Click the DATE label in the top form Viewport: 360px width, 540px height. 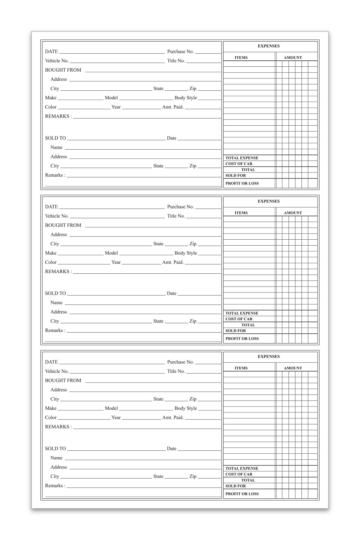(51, 52)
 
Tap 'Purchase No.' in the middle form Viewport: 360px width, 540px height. (180, 207)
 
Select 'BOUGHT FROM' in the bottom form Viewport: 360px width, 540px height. (63, 381)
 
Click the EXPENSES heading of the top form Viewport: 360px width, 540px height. (268, 46)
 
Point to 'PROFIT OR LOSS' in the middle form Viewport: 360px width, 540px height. (242, 339)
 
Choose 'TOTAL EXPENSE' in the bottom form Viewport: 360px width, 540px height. (241, 468)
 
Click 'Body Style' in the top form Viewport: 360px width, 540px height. (186, 98)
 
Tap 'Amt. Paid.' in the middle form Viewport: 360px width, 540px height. (173, 262)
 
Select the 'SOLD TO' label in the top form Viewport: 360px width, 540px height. (55, 138)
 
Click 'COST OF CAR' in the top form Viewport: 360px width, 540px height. (239, 164)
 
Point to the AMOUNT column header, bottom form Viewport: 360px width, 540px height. (292, 368)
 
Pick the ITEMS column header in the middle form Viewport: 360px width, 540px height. (241, 213)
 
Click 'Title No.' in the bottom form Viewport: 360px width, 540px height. (176, 371)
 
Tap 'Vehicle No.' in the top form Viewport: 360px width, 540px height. (57, 61)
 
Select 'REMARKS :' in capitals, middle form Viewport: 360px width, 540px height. (58, 271)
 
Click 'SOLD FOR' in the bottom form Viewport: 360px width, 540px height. (235, 486)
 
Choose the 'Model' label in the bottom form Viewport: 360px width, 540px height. (111, 408)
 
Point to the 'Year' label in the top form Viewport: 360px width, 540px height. (116, 107)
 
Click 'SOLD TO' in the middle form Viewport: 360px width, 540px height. (55, 294)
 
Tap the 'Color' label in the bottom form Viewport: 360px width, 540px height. (51, 418)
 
